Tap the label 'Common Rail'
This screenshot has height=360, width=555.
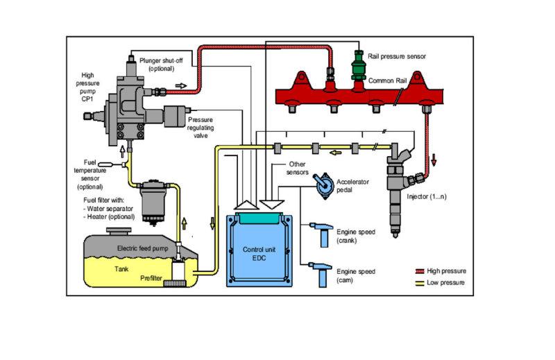tap(386, 80)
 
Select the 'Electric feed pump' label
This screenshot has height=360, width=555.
tap(144, 248)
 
